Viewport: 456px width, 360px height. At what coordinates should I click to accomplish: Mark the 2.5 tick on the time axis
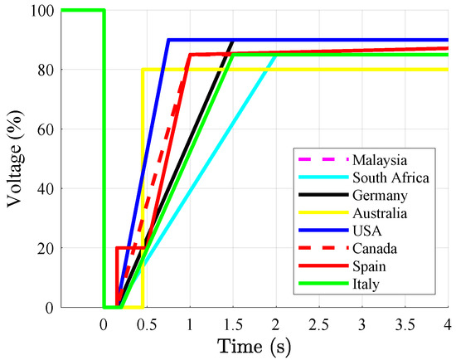tap(318, 322)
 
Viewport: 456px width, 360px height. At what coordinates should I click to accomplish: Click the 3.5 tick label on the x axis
tap(405, 322)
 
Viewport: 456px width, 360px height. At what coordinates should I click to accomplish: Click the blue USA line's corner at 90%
tap(168, 40)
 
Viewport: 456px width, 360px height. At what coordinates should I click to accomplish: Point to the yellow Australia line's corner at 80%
tap(143, 70)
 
